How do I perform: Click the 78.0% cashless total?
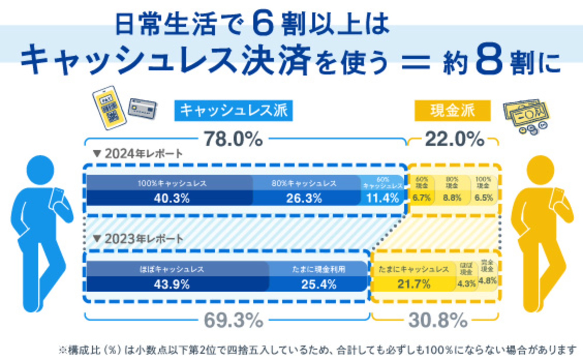[233, 139]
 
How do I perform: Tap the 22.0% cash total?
[454, 139]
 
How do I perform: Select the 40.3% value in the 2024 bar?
[172, 198]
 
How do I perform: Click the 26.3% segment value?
[304, 198]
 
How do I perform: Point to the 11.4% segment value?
[382, 198]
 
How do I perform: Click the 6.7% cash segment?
[422, 198]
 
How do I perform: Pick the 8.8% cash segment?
[452, 198]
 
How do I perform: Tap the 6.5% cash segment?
[484, 198]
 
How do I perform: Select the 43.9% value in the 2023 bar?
[172, 284]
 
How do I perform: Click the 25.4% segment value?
[319, 284]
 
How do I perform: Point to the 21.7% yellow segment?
[414, 284]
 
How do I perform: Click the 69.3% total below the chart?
[233, 320]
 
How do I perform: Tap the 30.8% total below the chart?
[438, 320]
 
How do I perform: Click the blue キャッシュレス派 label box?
[233, 111]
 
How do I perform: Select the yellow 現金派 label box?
[452, 111]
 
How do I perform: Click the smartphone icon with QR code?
[109, 107]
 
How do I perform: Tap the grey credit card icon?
[143, 108]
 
